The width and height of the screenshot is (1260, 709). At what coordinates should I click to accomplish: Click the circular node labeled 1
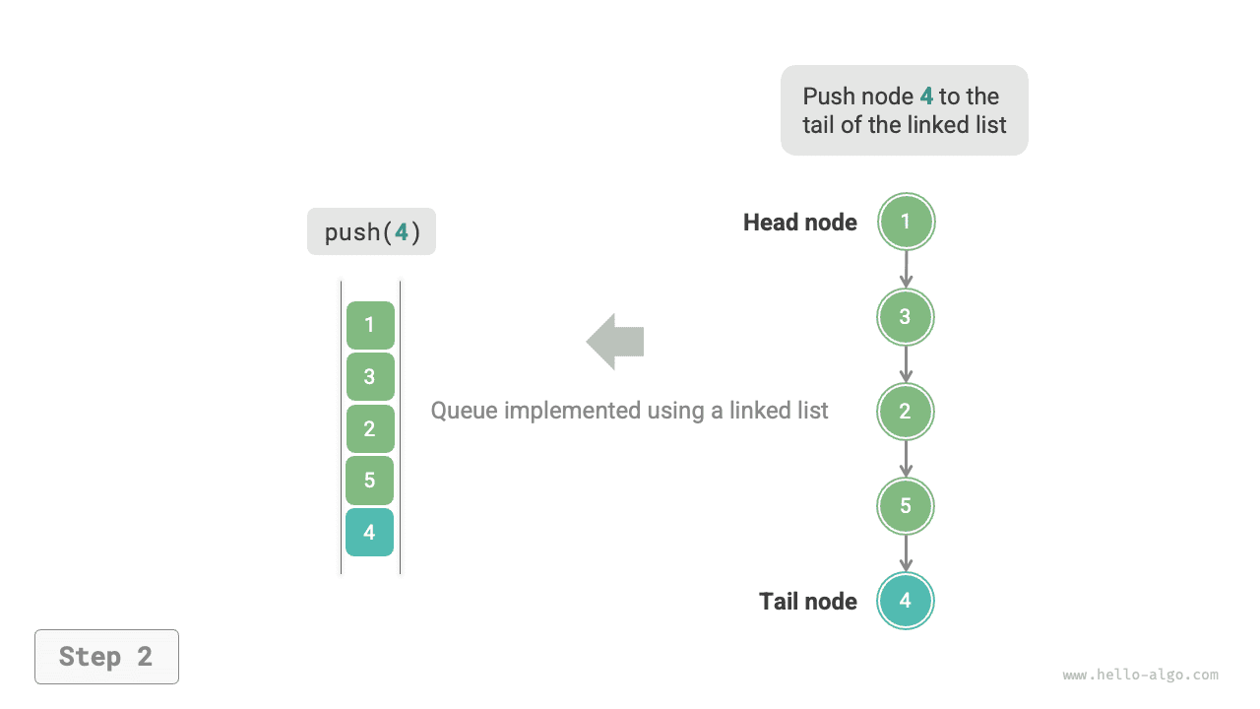pyautogui.click(x=906, y=222)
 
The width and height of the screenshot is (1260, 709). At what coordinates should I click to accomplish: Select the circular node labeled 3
pyautogui.click(x=906, y=317)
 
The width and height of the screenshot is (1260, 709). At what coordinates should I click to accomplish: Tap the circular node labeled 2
pyautogui.click(x=906, y=412)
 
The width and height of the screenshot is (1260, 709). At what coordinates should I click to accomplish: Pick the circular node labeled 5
pyautogui.click(x=906, y=506)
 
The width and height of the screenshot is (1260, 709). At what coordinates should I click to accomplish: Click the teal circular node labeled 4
pyautogui.click(x=906, y=601)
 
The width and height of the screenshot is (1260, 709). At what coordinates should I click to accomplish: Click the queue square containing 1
pyautogui.click(x=370, y=325)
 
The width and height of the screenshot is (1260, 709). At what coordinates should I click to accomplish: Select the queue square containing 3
pyautogui.click(x=370, y=376)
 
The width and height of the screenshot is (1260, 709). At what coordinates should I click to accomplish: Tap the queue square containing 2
pyautogui.click(x=370, y=428)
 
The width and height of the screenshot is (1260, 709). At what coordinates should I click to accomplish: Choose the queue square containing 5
pyautogui.click(x=370, y=481)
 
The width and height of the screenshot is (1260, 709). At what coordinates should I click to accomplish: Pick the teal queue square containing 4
pyautogui.click(x=370, y=533)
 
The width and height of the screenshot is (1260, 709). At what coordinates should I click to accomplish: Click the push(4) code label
pyautogui.click(x=371, y=232)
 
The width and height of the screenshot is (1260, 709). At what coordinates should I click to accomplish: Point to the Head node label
pyautogui.click(x=799, y=223)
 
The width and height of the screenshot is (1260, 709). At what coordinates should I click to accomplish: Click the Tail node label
pyautogui.click(x=807, y=602)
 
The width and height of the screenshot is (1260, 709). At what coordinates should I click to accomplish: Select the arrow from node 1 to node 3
pyautogui.click(x=906, y=269)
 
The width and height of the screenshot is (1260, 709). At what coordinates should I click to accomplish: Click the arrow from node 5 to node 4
pyautogui.click(x=906, y=553)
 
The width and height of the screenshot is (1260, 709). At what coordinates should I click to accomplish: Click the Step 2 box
pyautogui.click(x=106, y=657)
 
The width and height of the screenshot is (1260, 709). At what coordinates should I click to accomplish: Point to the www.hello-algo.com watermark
pyautogui.click(x=1140, y=676)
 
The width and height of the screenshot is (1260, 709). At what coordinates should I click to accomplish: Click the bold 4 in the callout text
pyautogui.click(x=926, y=97)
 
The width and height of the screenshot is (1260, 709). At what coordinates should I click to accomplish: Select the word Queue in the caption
pyautogui.click(x=464, y=411)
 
